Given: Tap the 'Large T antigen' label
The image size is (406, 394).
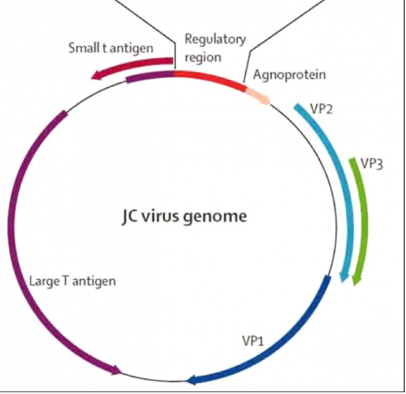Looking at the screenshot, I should (x=72, y=282).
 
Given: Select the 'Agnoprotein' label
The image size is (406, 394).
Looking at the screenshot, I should (x=284, y=74).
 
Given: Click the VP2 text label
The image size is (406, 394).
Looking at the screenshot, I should (x=322, y=109).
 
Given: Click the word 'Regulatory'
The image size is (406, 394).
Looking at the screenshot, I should (x=215, y=39).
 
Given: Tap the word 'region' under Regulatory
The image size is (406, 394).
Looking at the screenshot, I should (x=203, y=57).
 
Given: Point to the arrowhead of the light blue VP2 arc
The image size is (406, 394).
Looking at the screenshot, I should (x=342, y=278).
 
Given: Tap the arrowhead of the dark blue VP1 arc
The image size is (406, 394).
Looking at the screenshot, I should (x=192, y=380).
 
